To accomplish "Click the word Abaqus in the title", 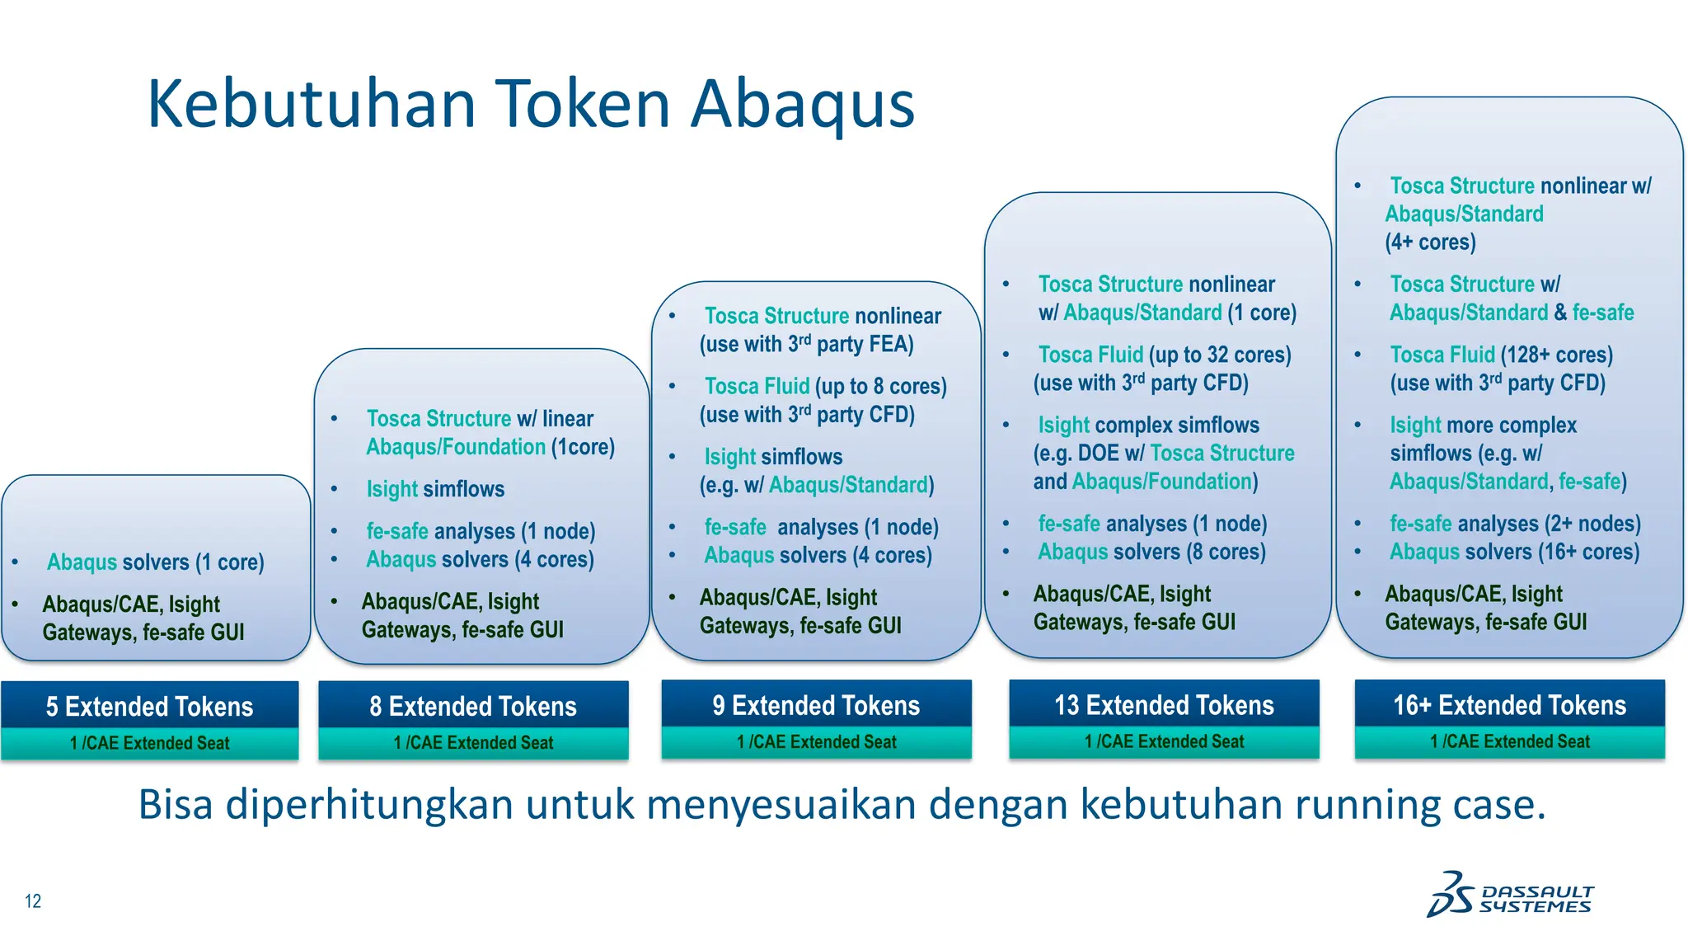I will point(803,104).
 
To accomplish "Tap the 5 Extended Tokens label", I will point(149,707).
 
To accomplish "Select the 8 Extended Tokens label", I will point(473,707).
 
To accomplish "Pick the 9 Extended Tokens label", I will point(816,706).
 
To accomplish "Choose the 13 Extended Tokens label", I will point(1164,705).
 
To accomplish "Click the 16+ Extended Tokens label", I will point(1509,705).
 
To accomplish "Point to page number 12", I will point(33,901).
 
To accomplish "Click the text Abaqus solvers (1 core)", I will point(156,562).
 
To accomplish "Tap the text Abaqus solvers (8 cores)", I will point(1151,552).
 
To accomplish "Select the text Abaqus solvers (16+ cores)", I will point(1514,552).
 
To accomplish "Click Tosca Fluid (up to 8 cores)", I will point(825,386).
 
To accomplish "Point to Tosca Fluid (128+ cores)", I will point(1501,355).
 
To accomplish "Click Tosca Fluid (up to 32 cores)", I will point(1164,355).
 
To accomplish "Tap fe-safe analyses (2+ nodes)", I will point(1515,524).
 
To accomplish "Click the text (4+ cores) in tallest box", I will point(1430,242).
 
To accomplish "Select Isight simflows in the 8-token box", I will point(435,489).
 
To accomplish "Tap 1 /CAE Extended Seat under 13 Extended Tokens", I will point(1164,742).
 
